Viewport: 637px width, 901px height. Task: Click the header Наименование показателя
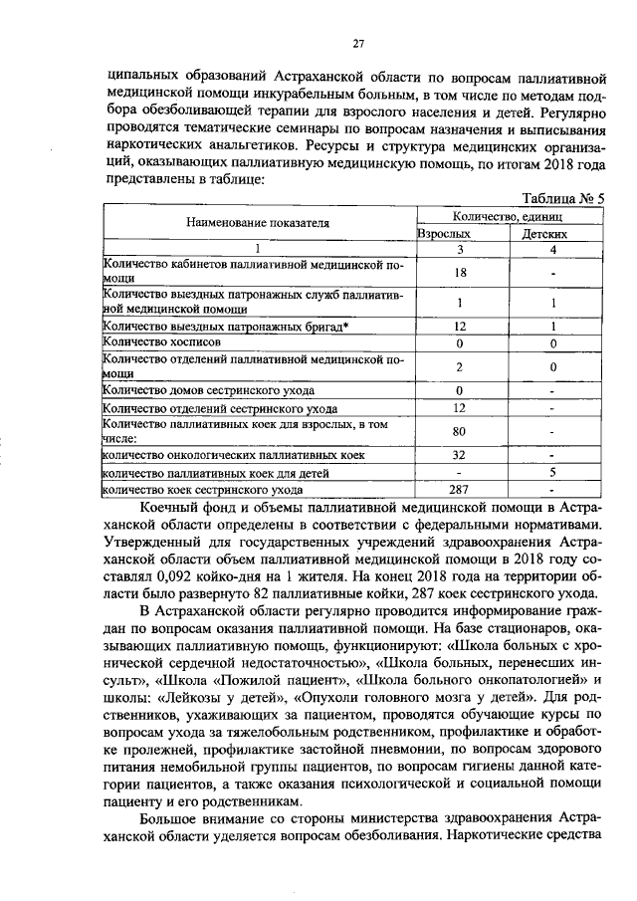pos(258,223)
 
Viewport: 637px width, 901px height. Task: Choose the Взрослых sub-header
pos(443,233)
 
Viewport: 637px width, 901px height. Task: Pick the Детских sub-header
pos(545,233)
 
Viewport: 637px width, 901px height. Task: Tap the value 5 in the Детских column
pos(552,472)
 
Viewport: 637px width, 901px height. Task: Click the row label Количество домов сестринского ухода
pos(209,389)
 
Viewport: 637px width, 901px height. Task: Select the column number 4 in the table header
pos(552,249)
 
